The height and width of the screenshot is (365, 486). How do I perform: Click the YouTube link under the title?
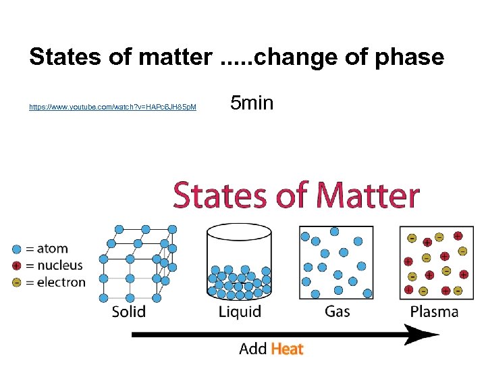[113, 107]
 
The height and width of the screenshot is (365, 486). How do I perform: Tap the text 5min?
[251, 103]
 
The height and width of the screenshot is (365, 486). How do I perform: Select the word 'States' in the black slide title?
[63, 57]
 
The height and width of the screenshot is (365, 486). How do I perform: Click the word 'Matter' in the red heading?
[368, 196]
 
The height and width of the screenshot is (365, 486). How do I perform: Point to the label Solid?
[128, 312]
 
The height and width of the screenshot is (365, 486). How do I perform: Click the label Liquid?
[240, 312]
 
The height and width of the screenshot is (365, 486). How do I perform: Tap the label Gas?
[337, 311]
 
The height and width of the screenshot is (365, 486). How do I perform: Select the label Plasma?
[434, 312]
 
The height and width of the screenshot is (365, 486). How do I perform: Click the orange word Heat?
[287, 349]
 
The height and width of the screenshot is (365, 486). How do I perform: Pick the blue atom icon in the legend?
[17, 249]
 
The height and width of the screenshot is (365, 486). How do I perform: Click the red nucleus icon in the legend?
[17, 266]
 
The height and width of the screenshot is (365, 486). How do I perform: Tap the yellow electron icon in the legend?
[17, 283]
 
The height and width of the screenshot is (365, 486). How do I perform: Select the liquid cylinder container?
[240, 264]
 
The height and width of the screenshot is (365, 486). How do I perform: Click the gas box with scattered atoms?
[335, 262]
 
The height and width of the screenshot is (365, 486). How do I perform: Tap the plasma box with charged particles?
[435, 262]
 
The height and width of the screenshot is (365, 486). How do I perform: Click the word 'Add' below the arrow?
[253, 349]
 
